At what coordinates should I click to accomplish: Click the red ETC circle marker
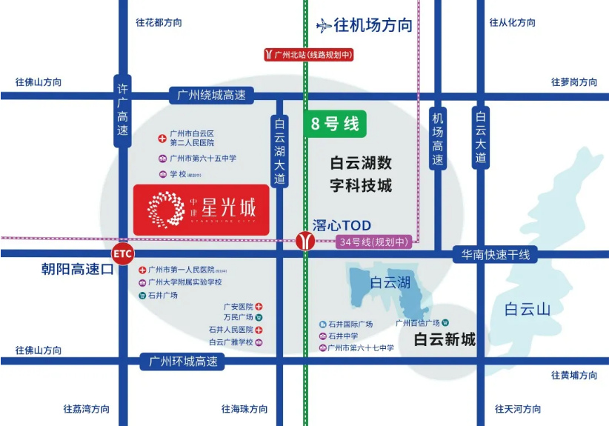[123, 254]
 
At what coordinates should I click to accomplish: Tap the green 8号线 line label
[335, 124]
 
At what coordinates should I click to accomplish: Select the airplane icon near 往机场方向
[324, 26]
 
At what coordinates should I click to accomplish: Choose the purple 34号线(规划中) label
[373, 242]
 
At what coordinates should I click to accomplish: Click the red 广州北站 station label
[309, 54]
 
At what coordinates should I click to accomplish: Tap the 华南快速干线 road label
[496, 255]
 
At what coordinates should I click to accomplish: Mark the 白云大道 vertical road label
[481, 137]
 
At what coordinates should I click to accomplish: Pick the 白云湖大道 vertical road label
[279, 151]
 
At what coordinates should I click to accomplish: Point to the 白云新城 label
[445, 340]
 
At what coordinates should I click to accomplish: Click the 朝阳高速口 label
[77, 270]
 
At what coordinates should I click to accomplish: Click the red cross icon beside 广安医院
[260, 306]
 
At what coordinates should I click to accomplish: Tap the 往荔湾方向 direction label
[86, 409]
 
